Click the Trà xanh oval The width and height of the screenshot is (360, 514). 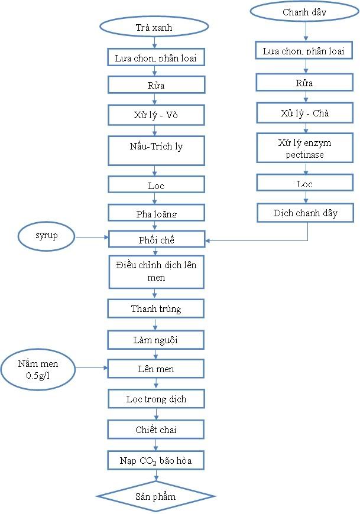click(154, 27)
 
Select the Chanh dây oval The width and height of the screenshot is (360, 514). click(304, 11)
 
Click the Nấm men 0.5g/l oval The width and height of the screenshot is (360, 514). click(38, 370)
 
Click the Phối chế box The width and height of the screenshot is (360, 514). click(156, 240)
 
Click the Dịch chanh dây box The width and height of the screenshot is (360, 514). click(305, 213)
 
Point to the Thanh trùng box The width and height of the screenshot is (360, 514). click(156, 308)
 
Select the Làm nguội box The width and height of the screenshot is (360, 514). click(156, 339)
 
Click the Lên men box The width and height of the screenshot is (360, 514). click(156, 369)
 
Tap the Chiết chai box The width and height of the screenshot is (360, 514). click(156, 429)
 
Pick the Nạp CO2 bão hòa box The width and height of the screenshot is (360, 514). click(156, 459)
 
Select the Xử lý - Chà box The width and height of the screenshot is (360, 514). click(305, 112)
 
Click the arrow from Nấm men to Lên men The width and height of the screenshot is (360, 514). click(91, 369)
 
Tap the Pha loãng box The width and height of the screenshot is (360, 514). click(156, 213)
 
